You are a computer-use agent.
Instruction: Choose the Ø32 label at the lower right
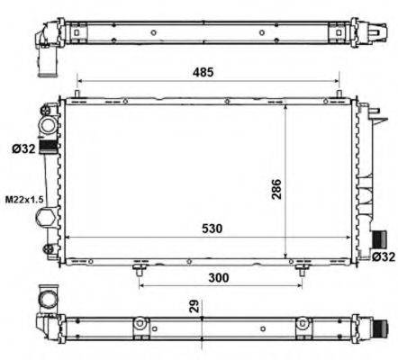384,257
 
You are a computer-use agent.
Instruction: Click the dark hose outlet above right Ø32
379,240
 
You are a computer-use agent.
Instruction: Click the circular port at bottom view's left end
46,299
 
